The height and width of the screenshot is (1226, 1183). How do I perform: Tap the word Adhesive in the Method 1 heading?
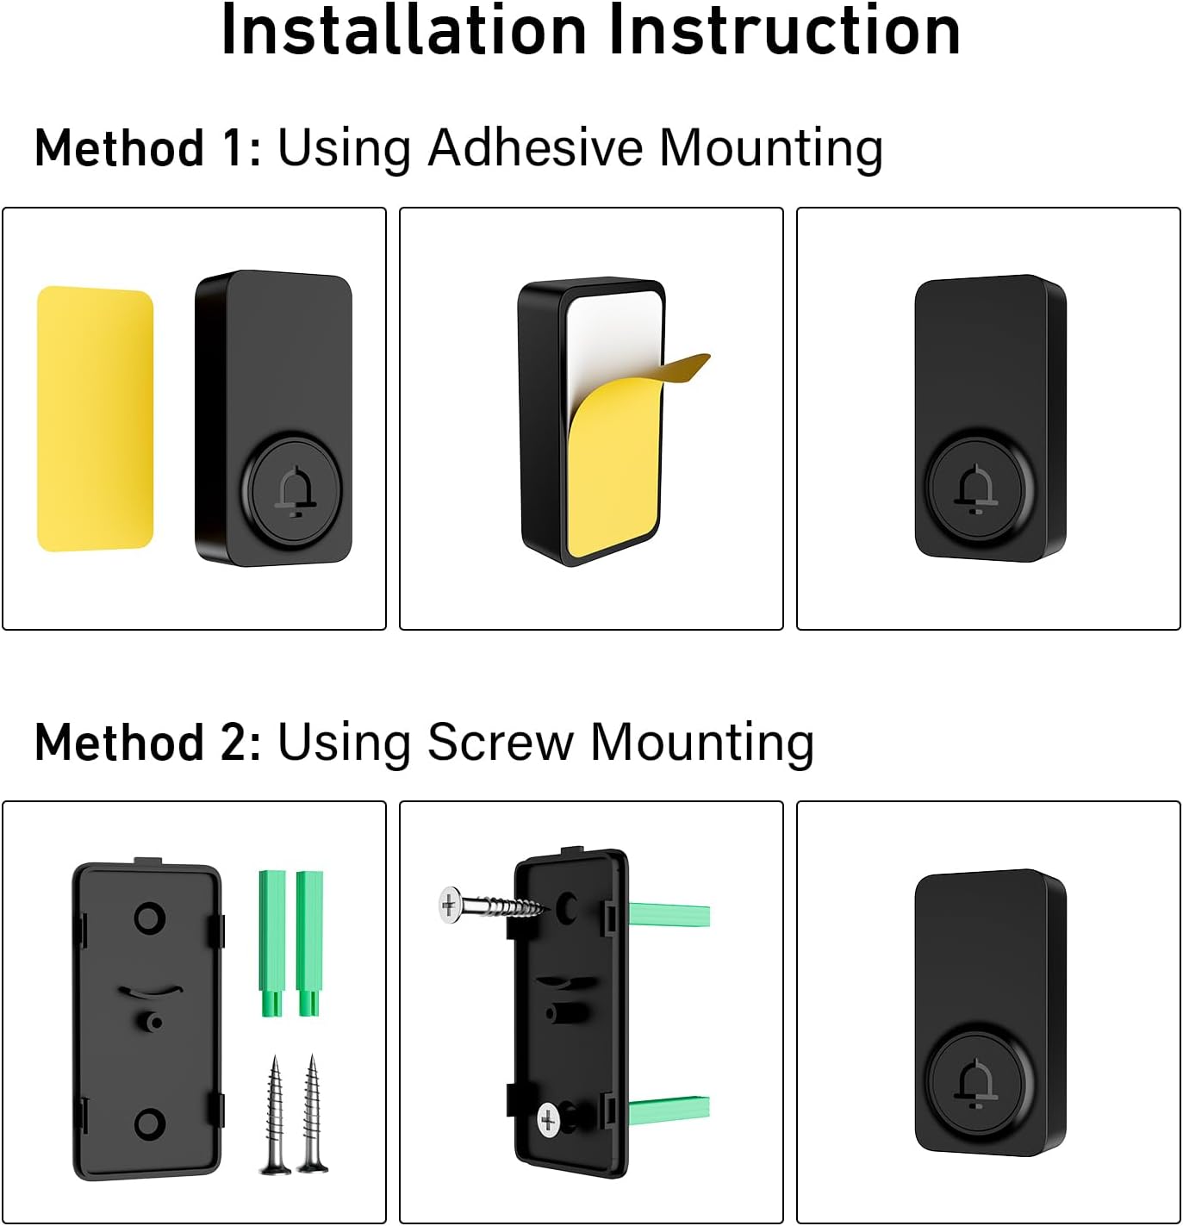point(536,148)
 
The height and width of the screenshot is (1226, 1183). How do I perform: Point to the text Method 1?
point(147,148)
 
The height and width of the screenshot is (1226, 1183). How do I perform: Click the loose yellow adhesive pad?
point(95,419)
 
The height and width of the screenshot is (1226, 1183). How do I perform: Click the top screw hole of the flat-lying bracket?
point(150,918)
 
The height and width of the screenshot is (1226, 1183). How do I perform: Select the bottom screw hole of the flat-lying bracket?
point(150,1123)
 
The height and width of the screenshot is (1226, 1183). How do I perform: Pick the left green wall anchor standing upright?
point(272,943)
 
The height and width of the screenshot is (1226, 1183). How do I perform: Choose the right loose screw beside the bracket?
point(312,1115)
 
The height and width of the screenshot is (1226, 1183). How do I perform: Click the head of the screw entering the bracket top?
point(449,906)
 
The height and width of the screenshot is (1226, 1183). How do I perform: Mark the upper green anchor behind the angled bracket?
point(669,913)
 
